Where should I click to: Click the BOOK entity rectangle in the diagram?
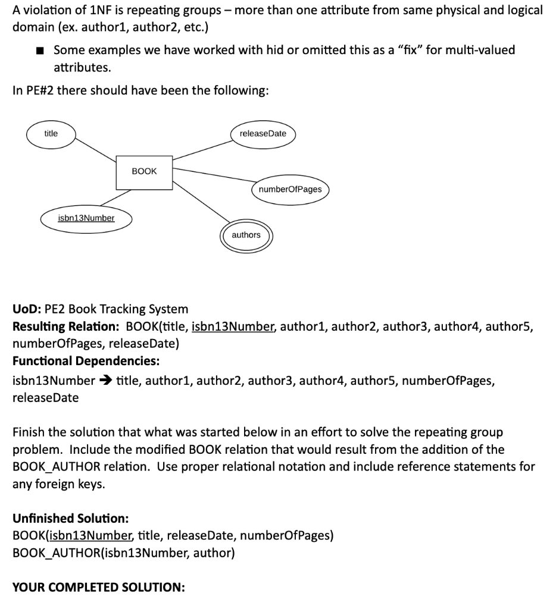[x=144, y=171]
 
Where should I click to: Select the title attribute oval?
[x=51, y=133]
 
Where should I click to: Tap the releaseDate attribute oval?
[x=263, y=133]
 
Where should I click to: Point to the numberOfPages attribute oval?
[x=291, y=189]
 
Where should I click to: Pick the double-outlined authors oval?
[x=246, y=235]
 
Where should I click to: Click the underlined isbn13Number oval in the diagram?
[x=86, y=218]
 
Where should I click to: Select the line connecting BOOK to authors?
[x=199, y=205]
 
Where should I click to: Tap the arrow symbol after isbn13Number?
[x=105, y=381]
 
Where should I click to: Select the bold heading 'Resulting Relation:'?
[x=66, y=327]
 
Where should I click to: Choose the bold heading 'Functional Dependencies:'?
[x=86, y=361]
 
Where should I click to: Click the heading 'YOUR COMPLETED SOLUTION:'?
[x=98, y=588]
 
